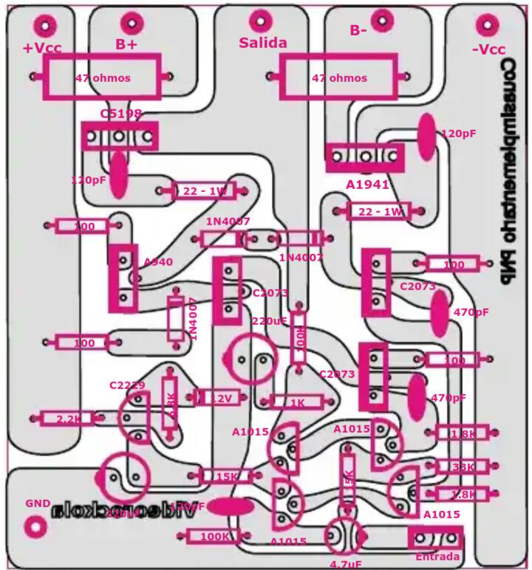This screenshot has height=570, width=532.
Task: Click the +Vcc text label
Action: tap(42, 48)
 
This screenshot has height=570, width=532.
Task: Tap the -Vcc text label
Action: tap(488, 49)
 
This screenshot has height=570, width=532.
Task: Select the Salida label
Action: tap(262, 43)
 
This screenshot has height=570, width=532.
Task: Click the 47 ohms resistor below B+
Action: tap(103, 78)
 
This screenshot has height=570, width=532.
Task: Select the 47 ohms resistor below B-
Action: tap(339, 78)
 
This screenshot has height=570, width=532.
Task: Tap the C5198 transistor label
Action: tap(120, 114)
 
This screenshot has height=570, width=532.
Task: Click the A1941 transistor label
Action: tap(367, 185)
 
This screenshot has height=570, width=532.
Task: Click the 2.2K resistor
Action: tap(68, 419)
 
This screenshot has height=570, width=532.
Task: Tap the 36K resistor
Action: tap(463, 467)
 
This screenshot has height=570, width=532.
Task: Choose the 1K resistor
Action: tap(297, 402)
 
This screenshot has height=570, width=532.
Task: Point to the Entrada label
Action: tap(437, 556)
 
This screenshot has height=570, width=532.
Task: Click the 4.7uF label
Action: tap(345, 564)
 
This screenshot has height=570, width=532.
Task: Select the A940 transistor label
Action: tap(158, 262)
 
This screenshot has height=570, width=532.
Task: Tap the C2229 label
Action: tap(126, 385)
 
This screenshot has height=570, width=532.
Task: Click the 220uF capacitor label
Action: tap(269, 321)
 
